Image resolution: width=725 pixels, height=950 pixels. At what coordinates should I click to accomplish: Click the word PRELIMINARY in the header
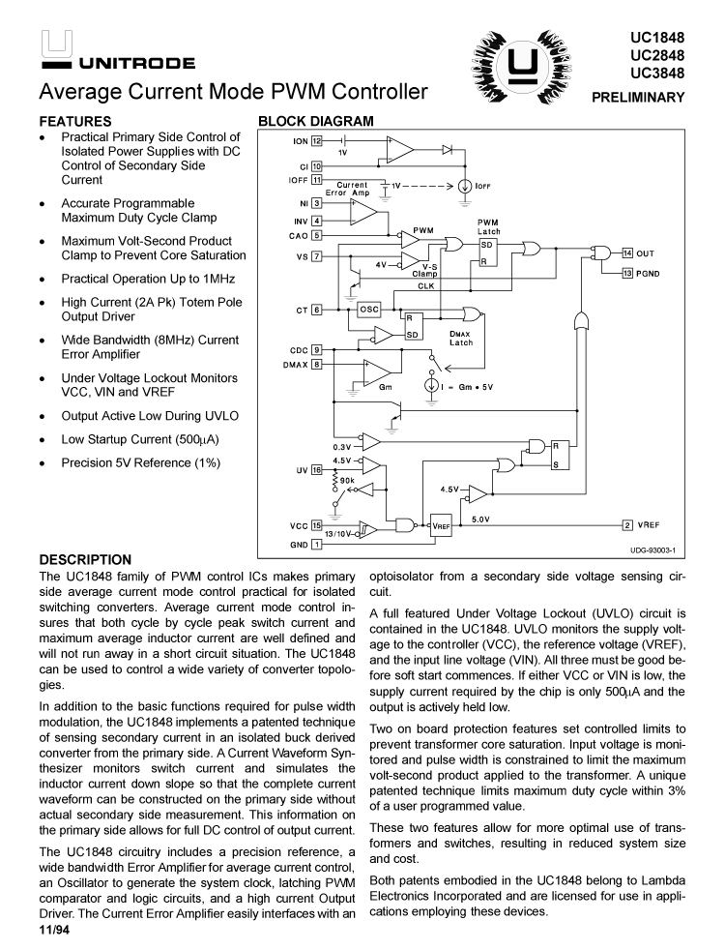coord(643,97)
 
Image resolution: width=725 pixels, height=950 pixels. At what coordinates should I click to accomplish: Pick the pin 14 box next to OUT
coord(626,252)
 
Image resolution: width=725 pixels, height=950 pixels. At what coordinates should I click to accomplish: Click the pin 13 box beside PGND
coord(626,274)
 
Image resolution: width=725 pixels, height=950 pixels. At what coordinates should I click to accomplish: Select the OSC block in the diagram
coord(368,310)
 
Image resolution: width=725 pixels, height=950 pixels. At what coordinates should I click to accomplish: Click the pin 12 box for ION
coord(316,141)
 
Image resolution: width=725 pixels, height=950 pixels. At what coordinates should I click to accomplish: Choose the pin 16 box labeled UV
coord(316,470)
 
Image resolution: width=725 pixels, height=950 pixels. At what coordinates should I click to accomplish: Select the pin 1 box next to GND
coord(316,545)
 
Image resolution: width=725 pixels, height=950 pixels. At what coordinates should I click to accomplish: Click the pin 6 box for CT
coord(316,310)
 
